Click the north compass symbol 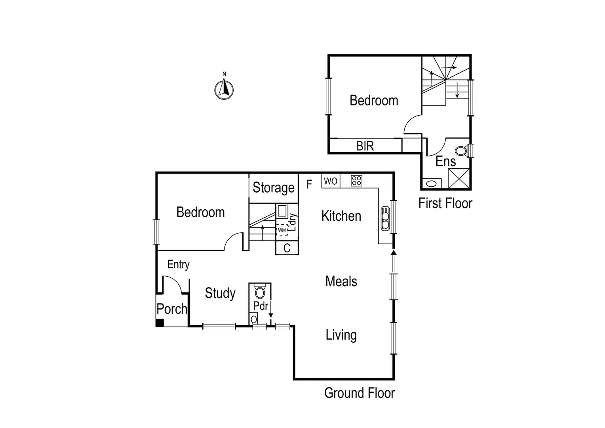pos(224,89)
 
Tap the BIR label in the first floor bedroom pos(365,146)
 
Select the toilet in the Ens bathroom pos(461,151)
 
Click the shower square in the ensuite pos(459,178)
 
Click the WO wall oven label pos(331,181)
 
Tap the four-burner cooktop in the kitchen pos(356,181)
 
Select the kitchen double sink pos(385,218)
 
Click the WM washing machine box pos(282,230)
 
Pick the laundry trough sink pos(282,211)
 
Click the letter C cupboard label pos(287,248)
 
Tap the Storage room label pos(274,187)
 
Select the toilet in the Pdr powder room pos(260,292)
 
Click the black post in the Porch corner pos(160,323)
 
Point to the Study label pos(220,293)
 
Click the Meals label pos(341,281)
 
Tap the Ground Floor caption pos(360,393)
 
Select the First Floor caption pos(445,203)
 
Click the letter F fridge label pos(309,184)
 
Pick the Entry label pos(178,264)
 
